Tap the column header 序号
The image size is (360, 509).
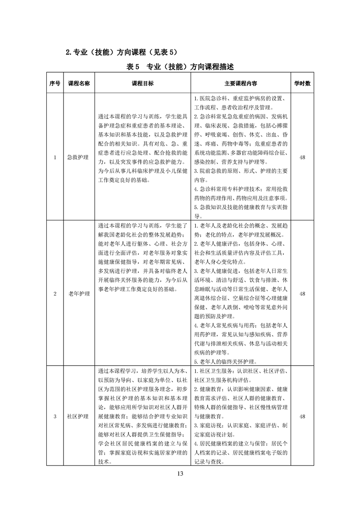click(x=55, y=83)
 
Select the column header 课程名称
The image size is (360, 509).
click(x=79, y=83)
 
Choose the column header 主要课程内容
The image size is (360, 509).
click(x=241, y=83)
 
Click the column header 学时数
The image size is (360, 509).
click(x=302, y=83)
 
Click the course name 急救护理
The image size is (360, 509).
click(x=79, y=157)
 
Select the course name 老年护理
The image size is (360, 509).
click(x=79, y=294)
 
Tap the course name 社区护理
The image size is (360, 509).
click(x=79, y=416)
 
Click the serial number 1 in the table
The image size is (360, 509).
click(x=55, y=157)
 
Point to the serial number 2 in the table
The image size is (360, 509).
click(x=55, y=294)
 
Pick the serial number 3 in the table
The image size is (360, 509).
click(x=55, y=416)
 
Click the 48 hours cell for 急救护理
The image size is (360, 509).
click(x=302, y=157)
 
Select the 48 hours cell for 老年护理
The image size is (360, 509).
click(x=302, y=294)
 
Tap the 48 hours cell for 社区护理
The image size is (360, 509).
click(x=302, y=416)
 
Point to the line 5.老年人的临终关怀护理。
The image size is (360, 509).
click(x=226, y=362)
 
